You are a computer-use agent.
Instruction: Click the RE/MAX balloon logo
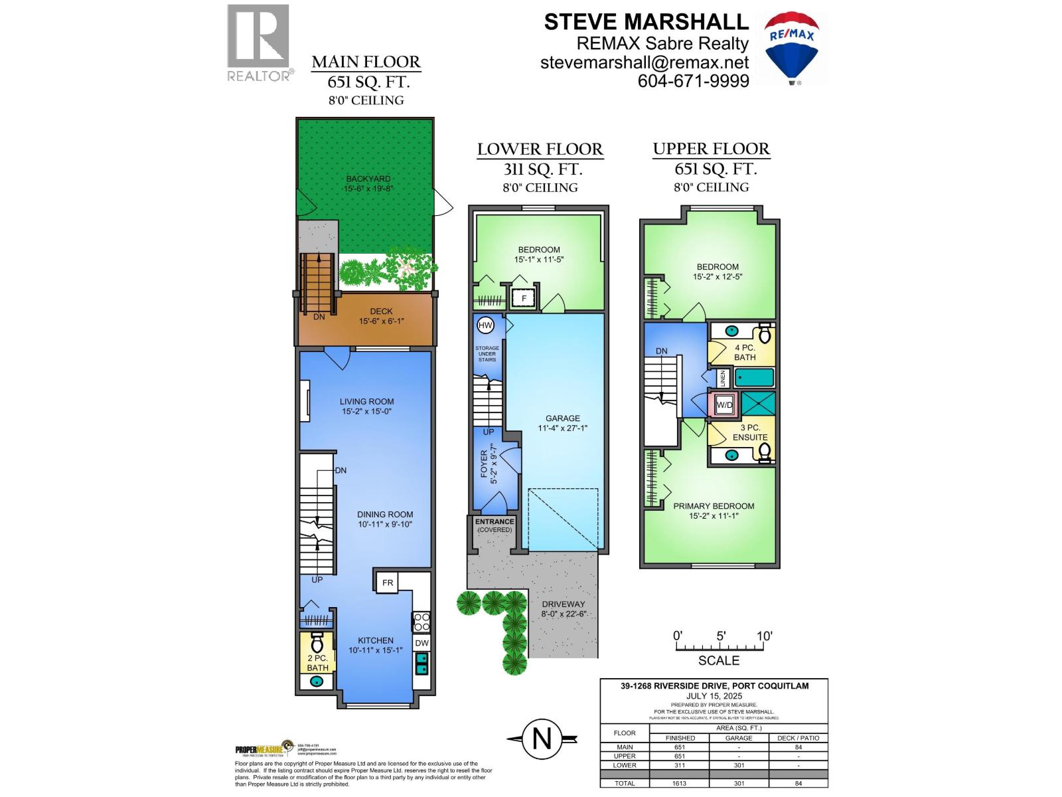point(791,47)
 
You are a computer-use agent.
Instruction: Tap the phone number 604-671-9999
point(693,81)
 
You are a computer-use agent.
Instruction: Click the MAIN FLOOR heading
point(366,62)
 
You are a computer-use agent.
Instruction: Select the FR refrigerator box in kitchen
point(388,582)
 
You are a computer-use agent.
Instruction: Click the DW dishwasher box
point(421,643)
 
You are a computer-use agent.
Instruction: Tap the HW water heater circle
point(486,325)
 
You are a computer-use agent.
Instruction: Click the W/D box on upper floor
point(724,404)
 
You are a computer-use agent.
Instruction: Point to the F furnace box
point(524,298)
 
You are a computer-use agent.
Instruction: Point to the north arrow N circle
point(542,739)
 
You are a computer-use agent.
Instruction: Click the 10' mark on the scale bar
point(764,636)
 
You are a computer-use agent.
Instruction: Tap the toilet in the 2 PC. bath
point(317,642)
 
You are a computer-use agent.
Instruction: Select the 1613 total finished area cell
point(680,783)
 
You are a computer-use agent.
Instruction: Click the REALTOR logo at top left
point(259,43)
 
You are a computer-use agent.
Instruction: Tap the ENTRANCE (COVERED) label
point(494,525)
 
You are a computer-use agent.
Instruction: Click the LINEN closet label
point(723,379)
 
